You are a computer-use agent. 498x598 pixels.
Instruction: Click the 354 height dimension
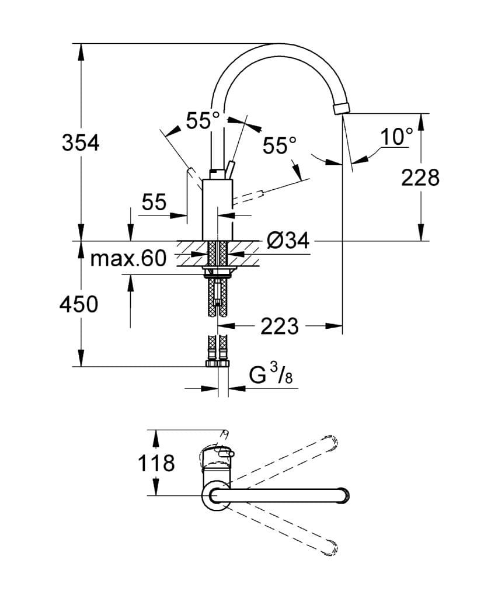[x=81, y=142]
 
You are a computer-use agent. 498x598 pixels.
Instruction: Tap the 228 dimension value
[x=420, y=177]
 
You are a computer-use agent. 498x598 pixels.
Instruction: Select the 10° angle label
[x=396, y=137]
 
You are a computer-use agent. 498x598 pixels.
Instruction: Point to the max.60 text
[x=128, y=258]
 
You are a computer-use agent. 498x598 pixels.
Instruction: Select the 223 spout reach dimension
[x=279, y=326]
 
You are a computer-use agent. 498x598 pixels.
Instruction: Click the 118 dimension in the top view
[x=156, y=463]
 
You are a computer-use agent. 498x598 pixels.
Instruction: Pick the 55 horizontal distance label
[x=154, y=202]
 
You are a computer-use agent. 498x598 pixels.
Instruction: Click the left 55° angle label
[x=203, y=121]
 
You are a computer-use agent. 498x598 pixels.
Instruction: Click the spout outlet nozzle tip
[x=340, y=109]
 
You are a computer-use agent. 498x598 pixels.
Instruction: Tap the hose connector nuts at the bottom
[x=217, y=363]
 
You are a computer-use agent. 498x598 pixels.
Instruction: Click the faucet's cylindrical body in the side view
[x=217, y=210]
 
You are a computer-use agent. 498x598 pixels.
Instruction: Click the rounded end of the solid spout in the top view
[x=344, y=496]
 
